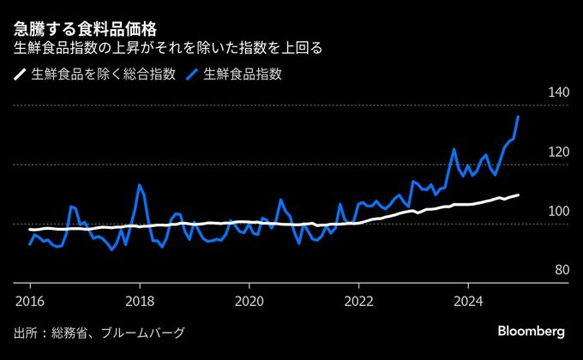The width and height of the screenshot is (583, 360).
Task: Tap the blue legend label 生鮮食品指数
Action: pyautogui.click(x=243, y=75)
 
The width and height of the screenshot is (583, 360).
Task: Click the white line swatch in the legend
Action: pyautogui.click(x=20, y=75)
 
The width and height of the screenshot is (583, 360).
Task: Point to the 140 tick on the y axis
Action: pyautogui.click(x=557, y=93)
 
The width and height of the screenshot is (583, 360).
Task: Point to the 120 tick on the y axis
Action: pyautogui.click(x=557, y=153)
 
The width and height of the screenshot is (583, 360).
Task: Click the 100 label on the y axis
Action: pyautogui.click(x=557, y=212)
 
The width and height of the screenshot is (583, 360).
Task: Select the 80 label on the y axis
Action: pyautogui.click(x=561, y=270)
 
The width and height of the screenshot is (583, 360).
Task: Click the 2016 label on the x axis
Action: pyautogui.click(x=29, y=301)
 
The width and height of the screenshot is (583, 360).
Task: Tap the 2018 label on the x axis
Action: pyautogui.click(x=139, y=301)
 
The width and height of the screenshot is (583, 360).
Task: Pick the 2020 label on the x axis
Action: pyautogui.click(x=249, y=301)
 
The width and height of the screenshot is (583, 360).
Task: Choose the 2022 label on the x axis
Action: pyautogui.click(x=358, y=301)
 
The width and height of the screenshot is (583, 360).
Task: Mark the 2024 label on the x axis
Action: pyautogui.click(x=468, y=301)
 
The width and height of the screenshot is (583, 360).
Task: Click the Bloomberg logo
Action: pyautogui.click(x=531, y=332)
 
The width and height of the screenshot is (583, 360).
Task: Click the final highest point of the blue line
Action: pyautogui.click(x=518, y=117)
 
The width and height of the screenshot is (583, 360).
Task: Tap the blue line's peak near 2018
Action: pyautogui.click(x=139, y=184)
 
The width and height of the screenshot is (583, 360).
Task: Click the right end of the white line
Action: pyautogui.click(x=519, y=195)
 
